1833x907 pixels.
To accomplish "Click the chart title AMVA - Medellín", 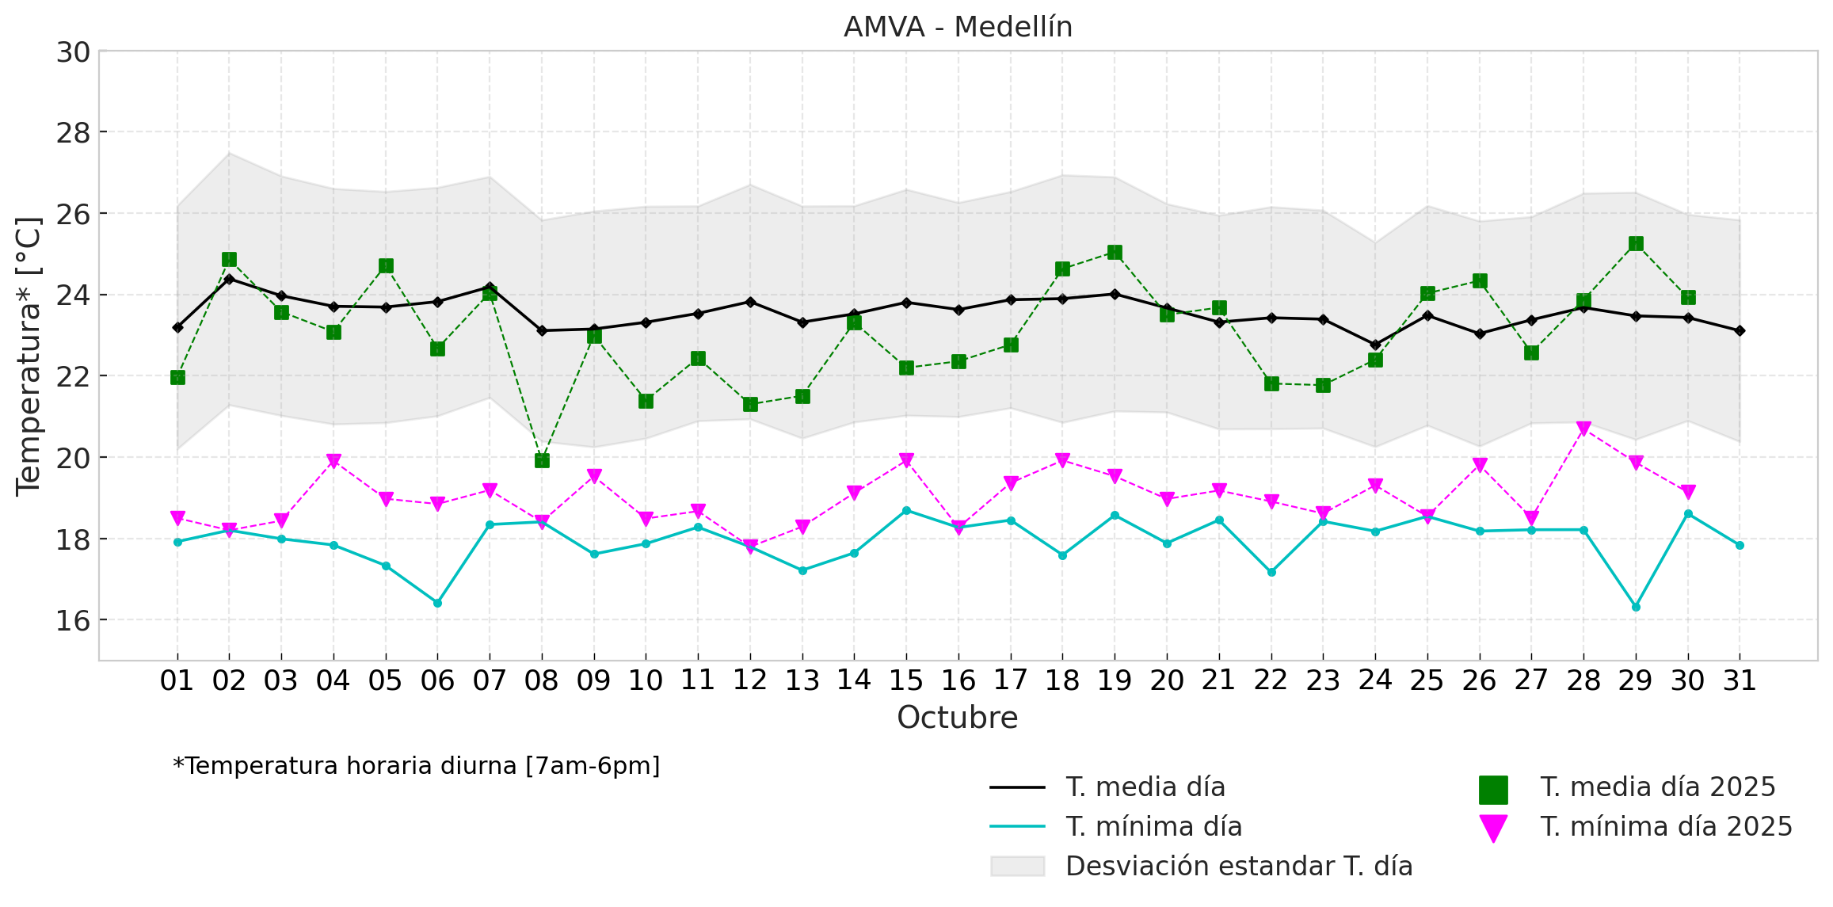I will click(x=957, y=28).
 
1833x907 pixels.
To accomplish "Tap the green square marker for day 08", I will click(x=542, y=460).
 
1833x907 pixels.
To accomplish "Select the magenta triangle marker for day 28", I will click(x=1583, y=429).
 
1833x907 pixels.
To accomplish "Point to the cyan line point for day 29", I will click(x=1636, y=607).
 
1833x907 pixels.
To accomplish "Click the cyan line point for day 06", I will click(x=437, y=603).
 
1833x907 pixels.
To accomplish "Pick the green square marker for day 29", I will click(x=1636, y=243).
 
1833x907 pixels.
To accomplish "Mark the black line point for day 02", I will click(x=229, y=279).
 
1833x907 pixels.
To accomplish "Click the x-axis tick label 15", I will click(x=906, y=680).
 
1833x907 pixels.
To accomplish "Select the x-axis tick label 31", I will click(x=1740, y=680).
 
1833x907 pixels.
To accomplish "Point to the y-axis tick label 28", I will click(x=73, y=133).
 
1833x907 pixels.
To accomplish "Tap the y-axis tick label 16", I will click(x=73, y=621).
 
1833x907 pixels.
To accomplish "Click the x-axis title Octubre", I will click(x=957, y=718).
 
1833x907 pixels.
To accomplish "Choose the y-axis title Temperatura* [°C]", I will click(x=29, y=356).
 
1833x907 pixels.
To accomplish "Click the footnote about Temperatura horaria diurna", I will click(x=416, y=766).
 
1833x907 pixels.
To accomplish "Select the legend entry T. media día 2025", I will click(x=1657, y=787).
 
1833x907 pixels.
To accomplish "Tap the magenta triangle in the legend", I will click(x=1493, y=828).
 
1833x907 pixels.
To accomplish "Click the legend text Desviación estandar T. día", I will click(x=1239, y=867).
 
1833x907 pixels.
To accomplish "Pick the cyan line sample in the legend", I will click(x=1017, y=827).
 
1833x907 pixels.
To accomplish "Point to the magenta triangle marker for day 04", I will click(x=333, y=461).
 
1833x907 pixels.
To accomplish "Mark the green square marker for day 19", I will click(x=1115, y=253).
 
